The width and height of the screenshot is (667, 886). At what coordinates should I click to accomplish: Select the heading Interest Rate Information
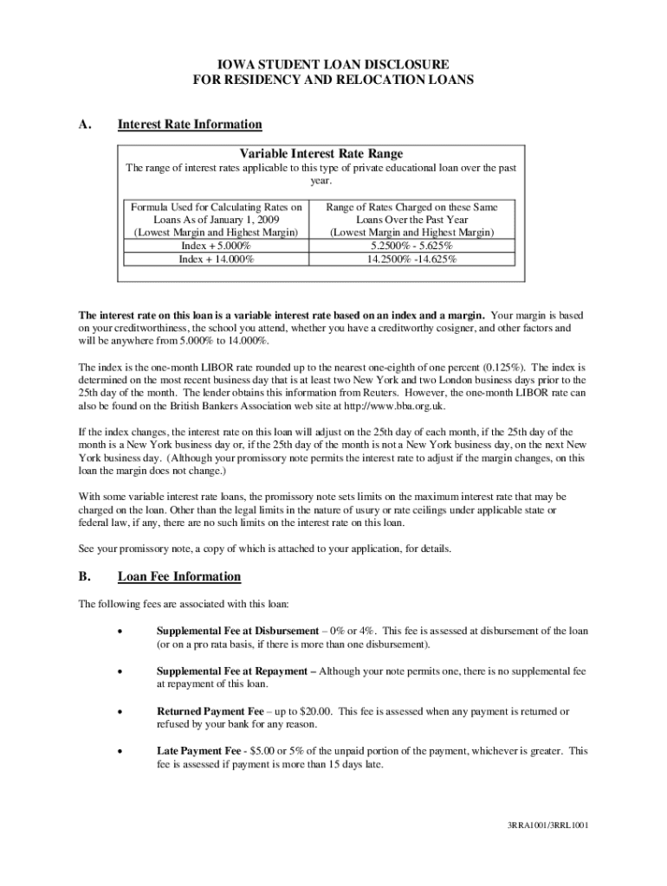tap(190, 125)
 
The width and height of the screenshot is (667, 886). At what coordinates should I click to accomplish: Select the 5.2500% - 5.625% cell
tap(411, 246)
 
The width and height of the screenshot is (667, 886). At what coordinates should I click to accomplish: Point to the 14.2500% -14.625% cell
tap(411, 258)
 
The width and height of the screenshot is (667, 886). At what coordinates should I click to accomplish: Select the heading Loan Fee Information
tap(179, 576)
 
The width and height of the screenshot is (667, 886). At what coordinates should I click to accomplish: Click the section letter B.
tap(84, 576)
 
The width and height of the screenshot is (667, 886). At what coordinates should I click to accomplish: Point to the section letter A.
tap(84, 125)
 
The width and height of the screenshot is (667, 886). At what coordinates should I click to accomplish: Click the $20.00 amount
tap(315, 711)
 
